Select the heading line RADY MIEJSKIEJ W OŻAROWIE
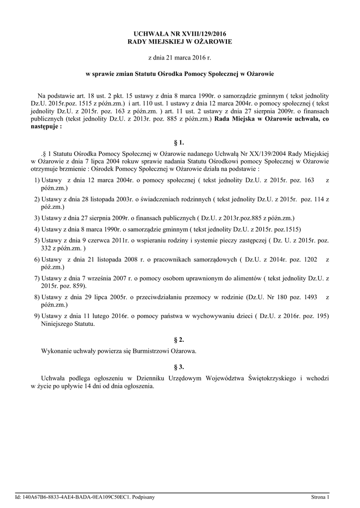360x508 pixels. (180, 42)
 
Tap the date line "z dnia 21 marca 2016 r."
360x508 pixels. (180, 58)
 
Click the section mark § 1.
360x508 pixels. (180, 142)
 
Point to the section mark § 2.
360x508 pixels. (180, 340)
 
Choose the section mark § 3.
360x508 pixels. (180, 367)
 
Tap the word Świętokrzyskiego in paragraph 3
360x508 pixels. (273, 378)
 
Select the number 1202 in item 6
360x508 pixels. (308, 259)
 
